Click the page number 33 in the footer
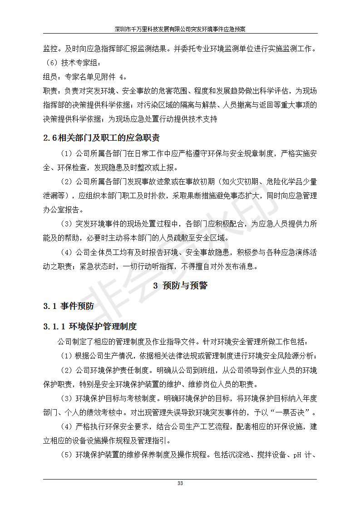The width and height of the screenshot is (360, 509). tap(180, 484)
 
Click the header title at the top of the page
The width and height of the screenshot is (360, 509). tap(180, 29)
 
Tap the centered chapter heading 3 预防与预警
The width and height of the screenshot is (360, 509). tap(180, 285)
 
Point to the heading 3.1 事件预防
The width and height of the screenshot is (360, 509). tap(69, 306)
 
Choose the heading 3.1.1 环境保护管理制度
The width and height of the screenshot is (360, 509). tap(90, 326)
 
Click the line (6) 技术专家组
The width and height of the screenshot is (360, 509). tap(73, 63)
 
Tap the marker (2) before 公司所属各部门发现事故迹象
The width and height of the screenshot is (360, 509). tap(66, 182)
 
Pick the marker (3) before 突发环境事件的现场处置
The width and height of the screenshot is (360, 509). tap(66, 224)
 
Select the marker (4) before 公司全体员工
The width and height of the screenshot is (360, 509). tap(66, 252)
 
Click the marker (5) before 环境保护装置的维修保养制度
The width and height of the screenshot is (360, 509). tap(66, 455)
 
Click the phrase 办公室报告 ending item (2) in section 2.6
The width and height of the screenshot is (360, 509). tap(61, 210)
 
